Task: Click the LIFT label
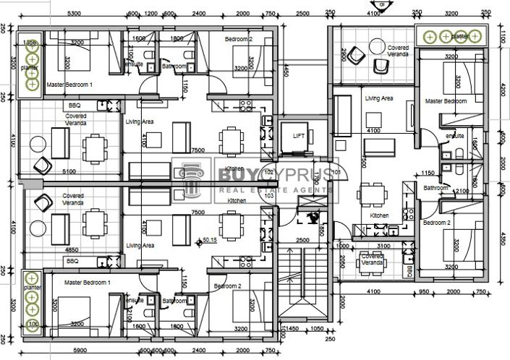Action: point(298,135)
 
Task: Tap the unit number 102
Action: point(268,173)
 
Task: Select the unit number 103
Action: point(268,195)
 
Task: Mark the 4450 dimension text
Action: point(286,70)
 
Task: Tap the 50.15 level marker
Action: point(210,240)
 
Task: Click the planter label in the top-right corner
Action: point(459,34)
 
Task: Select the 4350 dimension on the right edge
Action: point(503,239)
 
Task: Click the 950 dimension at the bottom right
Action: point(426,291)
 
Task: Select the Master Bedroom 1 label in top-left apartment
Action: point(69,85)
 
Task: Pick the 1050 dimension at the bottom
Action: point(317,328)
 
